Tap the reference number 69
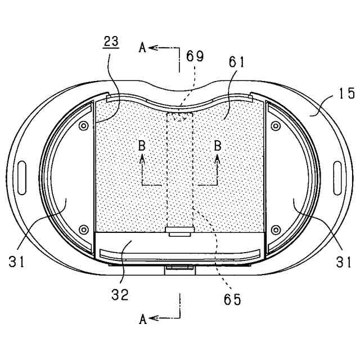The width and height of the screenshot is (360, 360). [x=195, y=56]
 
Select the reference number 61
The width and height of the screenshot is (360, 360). [x=236, y=62]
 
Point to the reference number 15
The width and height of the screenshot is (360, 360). [x=346, y=93]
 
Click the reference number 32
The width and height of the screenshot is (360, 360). [x=120, y=295]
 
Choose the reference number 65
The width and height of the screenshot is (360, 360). [x=232, y=299]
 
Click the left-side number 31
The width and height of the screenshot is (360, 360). [x=16, y=261]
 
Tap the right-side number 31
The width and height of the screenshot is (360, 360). [x=344, y=262]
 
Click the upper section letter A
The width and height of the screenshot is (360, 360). [x=142, y=48]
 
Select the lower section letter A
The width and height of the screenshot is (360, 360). [x=142, y=319]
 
